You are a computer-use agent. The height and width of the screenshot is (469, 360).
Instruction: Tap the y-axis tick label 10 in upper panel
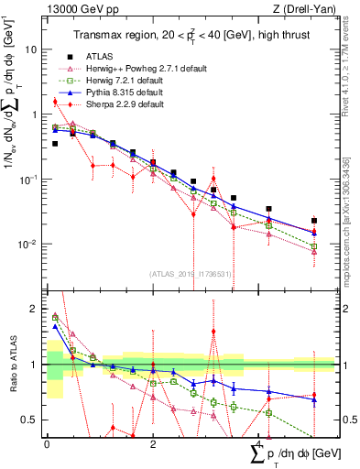[x=31, y=49]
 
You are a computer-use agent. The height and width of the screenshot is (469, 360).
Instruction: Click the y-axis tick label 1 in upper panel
[x=34, y=115]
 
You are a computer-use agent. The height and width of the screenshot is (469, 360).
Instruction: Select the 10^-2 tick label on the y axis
[x=29, y=245]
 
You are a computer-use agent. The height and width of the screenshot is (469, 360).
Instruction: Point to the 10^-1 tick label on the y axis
[x=29, y=180]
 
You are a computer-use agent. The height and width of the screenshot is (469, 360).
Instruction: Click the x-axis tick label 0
[x=47, y=444]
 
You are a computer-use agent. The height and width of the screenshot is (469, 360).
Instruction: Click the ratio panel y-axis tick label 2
[x=35, y=309]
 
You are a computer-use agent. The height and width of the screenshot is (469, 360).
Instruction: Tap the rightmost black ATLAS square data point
[x=314, y=221]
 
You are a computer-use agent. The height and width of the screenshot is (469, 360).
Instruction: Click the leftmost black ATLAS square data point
[x=55, y=144]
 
